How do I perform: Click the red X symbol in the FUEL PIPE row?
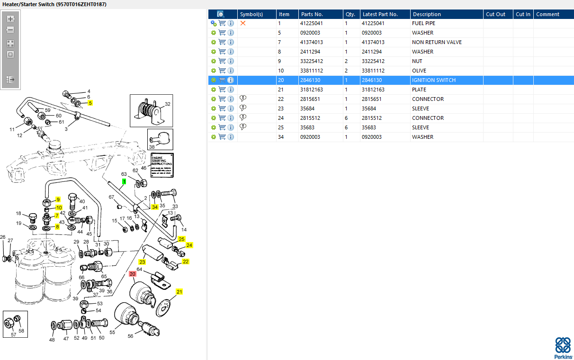point(243,23)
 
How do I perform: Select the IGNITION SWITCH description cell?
point(433,80)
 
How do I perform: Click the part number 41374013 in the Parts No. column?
point(311,42)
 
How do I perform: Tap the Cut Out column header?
point(495,14)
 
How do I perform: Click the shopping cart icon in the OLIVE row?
point(222,71)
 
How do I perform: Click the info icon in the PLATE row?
point(231,90)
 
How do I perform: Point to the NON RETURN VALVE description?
point(437,42)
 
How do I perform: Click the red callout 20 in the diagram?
point(133,274)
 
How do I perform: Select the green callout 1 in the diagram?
point(124,181)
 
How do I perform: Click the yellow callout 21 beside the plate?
point(179,291)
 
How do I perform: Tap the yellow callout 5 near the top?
point(90,103)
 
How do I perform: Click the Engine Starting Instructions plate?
point(162,165)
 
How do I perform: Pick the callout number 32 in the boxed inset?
point(167,104)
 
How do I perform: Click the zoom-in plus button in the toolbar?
point(10,19)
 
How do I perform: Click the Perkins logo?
point(563,347)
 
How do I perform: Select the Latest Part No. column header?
point(380,14)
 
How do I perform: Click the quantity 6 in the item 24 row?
point(346,118)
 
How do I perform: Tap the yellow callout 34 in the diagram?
point(154,207)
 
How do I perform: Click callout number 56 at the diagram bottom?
point(130,336)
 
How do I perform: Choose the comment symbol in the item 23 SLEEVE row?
point(243,108)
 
